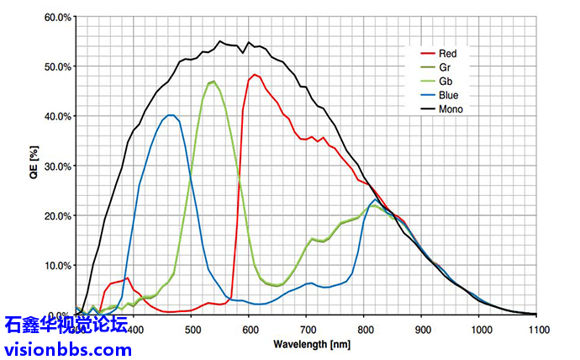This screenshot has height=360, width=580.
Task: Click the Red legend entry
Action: coord(448,54)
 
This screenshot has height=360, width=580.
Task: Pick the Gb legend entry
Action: coord(446,82)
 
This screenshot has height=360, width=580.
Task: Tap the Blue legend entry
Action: coord(449,95)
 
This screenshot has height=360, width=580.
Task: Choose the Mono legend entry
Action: coord(451,109)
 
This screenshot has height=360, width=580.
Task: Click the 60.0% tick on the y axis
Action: coord(57,17)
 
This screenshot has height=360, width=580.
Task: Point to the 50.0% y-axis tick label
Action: coord(57,66)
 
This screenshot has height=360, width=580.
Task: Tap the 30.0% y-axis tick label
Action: coord(57,166)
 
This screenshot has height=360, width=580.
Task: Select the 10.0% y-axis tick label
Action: coord(57,265)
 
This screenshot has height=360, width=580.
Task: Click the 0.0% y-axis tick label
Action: coord(59,315)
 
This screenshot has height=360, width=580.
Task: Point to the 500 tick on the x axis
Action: coord(192,330)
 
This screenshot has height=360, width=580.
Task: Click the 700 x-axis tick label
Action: coord(307,330)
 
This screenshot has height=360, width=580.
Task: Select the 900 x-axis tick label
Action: coord(422,330)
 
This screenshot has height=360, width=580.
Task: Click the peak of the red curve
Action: coord(255,74)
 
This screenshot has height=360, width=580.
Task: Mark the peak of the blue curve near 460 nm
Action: coord(171,115)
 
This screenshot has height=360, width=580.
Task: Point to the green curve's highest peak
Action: coord(214,81)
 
